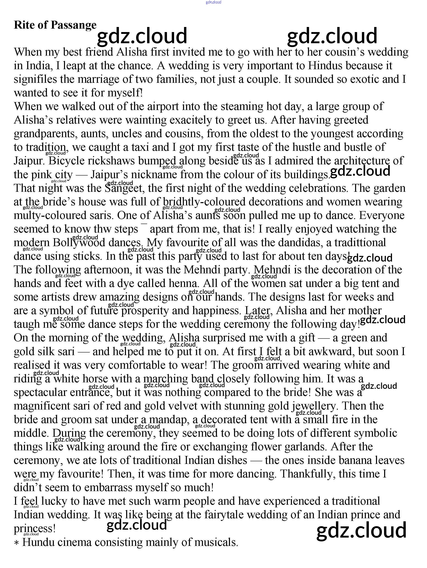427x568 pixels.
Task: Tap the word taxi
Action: [x=140, y=147]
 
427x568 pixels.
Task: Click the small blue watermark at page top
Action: [x=213, y=2]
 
